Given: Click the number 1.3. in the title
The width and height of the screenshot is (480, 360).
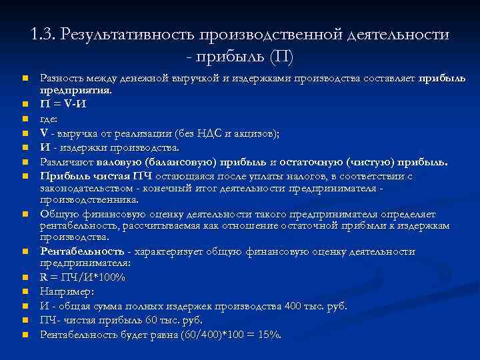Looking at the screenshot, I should click(43, 34).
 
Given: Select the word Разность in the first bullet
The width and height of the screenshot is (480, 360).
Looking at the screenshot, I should click(61, 79).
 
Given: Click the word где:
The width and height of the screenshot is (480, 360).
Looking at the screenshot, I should click(49, 119).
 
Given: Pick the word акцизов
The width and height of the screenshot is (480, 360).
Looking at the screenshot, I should click(256, 133).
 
